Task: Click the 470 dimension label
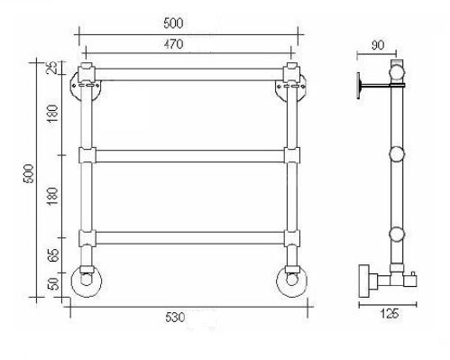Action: pos(173,44)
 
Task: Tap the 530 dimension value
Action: pos(175,318)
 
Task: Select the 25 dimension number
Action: pos(52,67)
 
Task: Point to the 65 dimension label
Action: pos(53,255)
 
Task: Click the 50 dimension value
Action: pos(53,283)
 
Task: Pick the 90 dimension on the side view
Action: pos(378,45)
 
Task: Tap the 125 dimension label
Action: pos(390,314)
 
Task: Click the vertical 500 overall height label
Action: pos(29,173)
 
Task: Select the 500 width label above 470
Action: pos(173,23)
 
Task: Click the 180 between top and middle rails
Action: pos(52,113)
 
